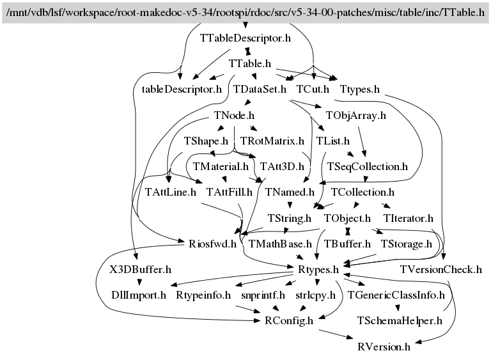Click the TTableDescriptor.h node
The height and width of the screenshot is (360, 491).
pyautogui.click(x=245, y=38)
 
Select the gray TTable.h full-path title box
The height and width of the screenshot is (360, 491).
pyautogui.click(x=245, y=13)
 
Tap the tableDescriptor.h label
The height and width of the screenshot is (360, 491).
pyautogui.click(x=182, y=90)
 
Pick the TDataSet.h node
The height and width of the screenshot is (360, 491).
pyautogui.click(x=260, y=90)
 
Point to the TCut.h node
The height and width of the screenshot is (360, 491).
pyautogui.click(x=313, y=90)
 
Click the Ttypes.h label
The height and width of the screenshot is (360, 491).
pyautogui.click(x=360, y=90)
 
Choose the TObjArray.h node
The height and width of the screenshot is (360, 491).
pyautogui.click(x=355, y=115)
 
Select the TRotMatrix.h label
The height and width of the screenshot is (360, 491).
pyautogui.click(x=272, y=141)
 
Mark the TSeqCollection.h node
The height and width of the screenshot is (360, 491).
pyautogui.click(x=368, y=167)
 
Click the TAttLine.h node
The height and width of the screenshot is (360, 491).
pyautogui.click(x=170, y=192)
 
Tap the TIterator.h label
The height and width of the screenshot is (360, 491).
pyautogui.click(x=409, y=218)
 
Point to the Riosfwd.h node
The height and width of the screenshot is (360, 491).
pyautogui.click(x=212, y=244)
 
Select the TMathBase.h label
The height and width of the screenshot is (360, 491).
pyautogui.click(x=280, y=244)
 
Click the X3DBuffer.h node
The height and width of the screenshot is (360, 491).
pyautogui.click(x=140, y=269)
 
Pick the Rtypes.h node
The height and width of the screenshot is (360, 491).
pyautogui.click(x=318, y=269)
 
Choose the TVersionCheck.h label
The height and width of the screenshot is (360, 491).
pyautogui.click(x=441, y=269)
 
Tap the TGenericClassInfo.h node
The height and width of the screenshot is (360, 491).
pyautogui.click(x=396, y=295)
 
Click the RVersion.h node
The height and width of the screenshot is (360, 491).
pyautogui.click(x=384, y=347)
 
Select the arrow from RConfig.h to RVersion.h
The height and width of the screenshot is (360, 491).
pyautogui.click(x=336, y=334)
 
